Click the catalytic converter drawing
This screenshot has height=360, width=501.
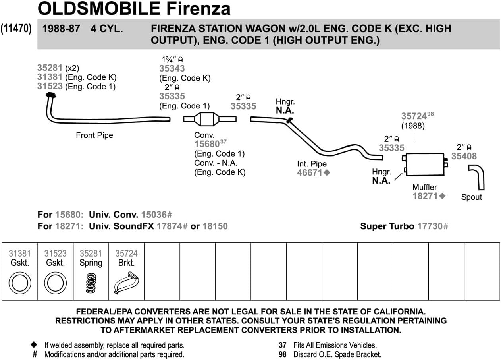pos(210,119)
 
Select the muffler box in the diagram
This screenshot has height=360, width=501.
pos(425,165)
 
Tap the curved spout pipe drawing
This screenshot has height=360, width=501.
pos(477,177)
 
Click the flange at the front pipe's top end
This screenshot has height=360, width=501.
pos(50,95)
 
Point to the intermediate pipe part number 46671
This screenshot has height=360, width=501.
pos(310,172)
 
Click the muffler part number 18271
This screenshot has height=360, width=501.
pos(425,196)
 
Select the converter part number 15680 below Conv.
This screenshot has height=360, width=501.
pos(207,144)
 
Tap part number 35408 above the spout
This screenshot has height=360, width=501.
pos(464,156)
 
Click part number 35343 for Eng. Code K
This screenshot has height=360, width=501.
pos(172,68)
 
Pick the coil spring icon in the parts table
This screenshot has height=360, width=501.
pos(91,283)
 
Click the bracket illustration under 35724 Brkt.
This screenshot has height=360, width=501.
pos(126,283)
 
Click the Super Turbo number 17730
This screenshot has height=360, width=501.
pos(430,226)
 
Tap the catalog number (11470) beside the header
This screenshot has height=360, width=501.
pos(16,29)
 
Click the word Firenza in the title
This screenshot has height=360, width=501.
pos(198,9)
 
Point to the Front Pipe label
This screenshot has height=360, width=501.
pos(94,135)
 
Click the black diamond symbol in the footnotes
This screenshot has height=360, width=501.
pos(34,345)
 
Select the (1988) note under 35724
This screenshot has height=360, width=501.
pos(413,126)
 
